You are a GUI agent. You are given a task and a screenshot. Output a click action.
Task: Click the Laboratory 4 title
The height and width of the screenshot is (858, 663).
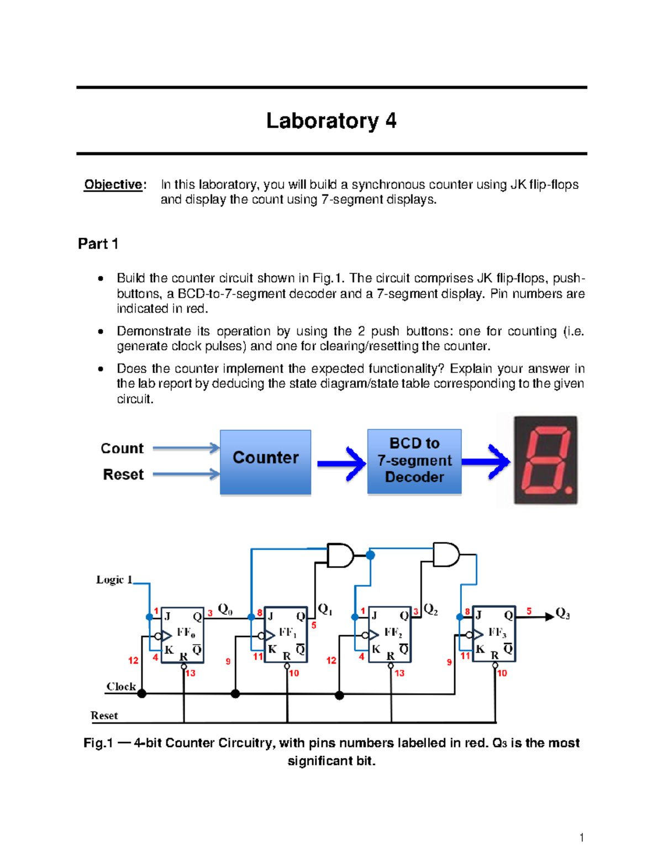pyautogui.click(x=331, y=120)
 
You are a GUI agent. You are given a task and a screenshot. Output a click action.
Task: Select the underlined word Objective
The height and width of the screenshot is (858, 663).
pyautogui.click(x=113, y=185)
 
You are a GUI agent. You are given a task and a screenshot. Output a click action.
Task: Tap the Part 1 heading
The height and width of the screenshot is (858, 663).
pyautogui.click(x=98, y=244)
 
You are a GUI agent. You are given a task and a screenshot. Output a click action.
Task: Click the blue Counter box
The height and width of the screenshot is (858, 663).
pyautogui.click(x=265, y=462)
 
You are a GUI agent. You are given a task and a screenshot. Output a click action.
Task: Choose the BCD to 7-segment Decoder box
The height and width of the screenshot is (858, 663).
pyautogui.click(x=414, y=461)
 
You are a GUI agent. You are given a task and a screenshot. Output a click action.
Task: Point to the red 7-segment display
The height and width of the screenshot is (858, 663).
pyautogui.click(x=545, y=460)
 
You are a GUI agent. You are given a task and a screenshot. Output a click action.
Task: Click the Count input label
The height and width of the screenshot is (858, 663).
pyautogui.click(x=122, y=448)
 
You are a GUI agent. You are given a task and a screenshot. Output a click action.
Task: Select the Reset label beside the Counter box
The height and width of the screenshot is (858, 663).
pyautogui.click(x=123, y=475)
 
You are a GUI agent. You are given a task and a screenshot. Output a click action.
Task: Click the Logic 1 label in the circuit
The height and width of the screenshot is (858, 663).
pyautogui.click(x=114, y=580)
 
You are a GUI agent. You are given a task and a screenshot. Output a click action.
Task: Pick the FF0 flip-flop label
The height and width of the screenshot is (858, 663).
pyautogui.click(x=186, y=633)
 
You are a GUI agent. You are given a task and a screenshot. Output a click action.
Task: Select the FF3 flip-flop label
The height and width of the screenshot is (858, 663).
pyautogui.click(x=497, y=633)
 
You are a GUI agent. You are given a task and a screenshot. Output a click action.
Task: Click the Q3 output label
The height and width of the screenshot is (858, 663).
pyautogui.click(x=562, y=613)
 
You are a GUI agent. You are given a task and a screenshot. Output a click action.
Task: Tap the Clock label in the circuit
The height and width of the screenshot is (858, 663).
pyautogui.click(x=121, y=686)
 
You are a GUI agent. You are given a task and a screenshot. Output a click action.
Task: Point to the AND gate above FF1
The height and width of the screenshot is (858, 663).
pyautogui.click(x=340, y=555)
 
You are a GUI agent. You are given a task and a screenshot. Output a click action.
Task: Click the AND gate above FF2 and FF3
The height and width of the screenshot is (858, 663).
pyautogui.click(x=445, y=555)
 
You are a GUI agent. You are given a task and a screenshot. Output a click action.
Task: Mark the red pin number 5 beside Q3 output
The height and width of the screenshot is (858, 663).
pyautogui.click(x=529, y=611)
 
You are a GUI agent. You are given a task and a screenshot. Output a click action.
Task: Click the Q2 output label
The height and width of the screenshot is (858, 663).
pyautogui.click(x=430, y=609)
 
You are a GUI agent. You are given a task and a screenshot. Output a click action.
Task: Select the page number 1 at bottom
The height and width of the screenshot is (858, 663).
pyautogui.click(x=581, y=838)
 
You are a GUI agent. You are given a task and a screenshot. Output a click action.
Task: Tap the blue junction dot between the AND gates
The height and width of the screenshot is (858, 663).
pyautogui.click(x=371, y=555)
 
